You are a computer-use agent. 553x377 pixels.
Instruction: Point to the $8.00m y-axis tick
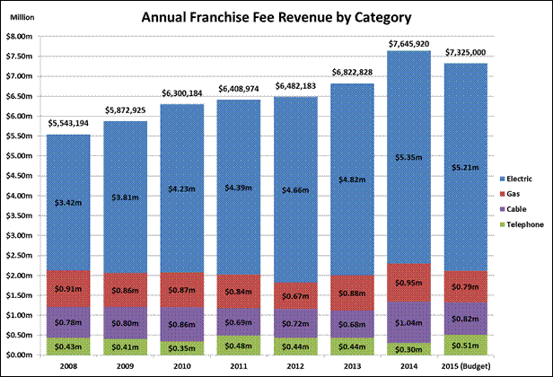click(21, 36)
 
